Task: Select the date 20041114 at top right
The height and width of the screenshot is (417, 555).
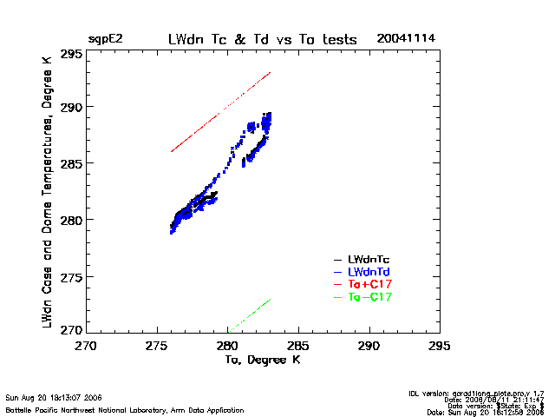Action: point(406,39)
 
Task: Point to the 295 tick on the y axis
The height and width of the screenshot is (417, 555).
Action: point(71,54)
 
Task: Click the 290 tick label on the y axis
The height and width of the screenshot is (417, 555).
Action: point(71,108)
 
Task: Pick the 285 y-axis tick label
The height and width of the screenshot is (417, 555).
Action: point(71,163)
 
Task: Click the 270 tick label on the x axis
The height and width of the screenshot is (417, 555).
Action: point(86,345)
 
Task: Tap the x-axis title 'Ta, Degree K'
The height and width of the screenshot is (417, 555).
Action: point(262,360)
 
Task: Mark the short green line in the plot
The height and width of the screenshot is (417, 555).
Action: point(250,314)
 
